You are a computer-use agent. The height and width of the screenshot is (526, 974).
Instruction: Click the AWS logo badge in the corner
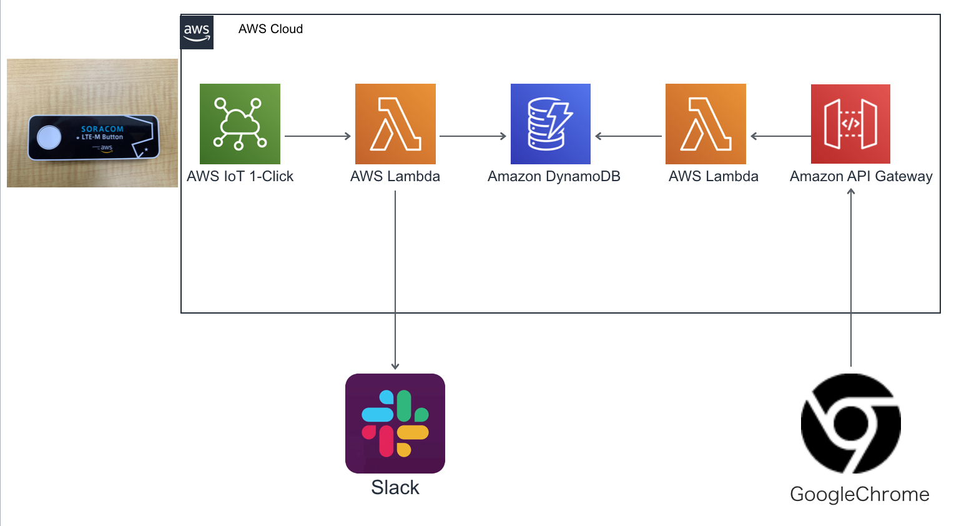point(197,32)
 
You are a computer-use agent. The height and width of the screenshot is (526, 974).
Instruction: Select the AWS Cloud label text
point(270,29)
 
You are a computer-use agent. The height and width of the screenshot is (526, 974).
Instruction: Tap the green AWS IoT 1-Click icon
point(240,124)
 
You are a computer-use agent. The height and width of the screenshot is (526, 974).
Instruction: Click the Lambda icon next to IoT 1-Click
point(395,124)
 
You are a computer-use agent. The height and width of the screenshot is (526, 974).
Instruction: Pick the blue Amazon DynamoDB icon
point(550,124)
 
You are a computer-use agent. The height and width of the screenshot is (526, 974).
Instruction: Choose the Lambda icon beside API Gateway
point(706,124)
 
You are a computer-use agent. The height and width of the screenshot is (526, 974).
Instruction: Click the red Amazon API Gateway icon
point(850,124)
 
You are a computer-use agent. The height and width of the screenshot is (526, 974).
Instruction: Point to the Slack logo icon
point(395,423)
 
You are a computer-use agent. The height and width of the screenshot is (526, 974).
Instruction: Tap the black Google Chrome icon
point(850,423)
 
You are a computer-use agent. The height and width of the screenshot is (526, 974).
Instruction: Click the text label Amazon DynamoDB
point(554,177)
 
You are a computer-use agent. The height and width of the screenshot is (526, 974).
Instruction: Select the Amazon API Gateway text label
point(861,177)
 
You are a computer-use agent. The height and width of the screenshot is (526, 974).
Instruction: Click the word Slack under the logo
point(395,487)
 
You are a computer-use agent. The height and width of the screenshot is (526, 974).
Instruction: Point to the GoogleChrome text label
point(859,494)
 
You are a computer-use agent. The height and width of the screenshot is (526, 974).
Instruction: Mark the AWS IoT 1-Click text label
point(240,177)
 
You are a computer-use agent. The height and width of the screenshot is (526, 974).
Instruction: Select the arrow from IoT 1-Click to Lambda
point(318,136)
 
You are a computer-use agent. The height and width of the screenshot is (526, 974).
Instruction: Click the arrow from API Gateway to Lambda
point(780,136)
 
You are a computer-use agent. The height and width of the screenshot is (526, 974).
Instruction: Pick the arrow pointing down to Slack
point(395,281)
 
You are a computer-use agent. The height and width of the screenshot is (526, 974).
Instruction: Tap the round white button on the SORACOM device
point(49,137)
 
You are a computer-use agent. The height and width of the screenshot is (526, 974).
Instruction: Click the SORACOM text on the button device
point(102,129)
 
